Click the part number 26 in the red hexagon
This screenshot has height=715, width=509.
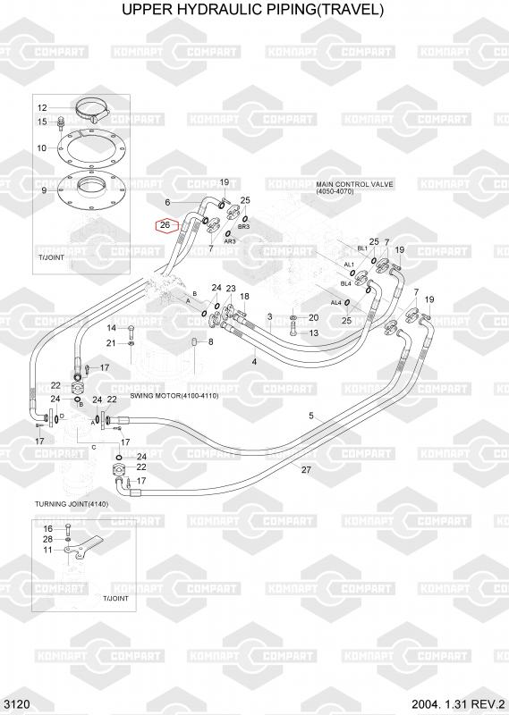(x=165, y=225)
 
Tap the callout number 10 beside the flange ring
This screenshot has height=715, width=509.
(x=41, y=148)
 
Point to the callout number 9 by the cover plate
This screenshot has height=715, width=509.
(x=44, y=190)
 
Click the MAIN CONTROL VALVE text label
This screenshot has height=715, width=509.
(x=355, y=185)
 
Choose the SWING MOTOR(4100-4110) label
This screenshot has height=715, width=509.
(x=174, y=396)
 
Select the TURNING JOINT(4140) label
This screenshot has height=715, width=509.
(x=72, y=504)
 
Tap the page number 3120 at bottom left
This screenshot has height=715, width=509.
(x=15, y=704)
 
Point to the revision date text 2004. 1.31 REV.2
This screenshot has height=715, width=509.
(x=459, y=704)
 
